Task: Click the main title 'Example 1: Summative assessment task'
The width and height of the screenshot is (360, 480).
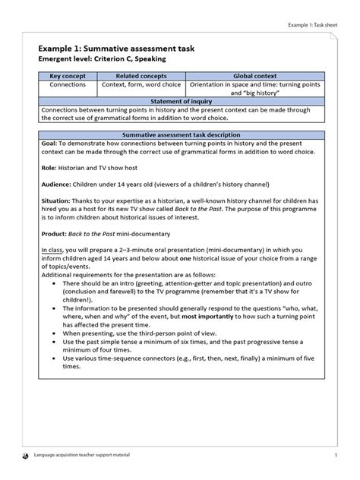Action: point(117,47)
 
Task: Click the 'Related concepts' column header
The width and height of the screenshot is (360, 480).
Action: point(141,77)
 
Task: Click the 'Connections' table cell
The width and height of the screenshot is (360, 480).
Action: point(67,87)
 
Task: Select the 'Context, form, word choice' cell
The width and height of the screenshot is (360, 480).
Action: point(141,87)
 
